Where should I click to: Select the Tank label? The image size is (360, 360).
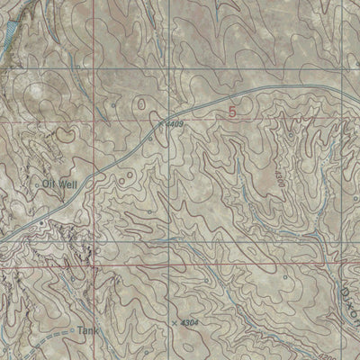click(x=86, y=329)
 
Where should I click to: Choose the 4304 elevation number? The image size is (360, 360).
click(x=187, y=320)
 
